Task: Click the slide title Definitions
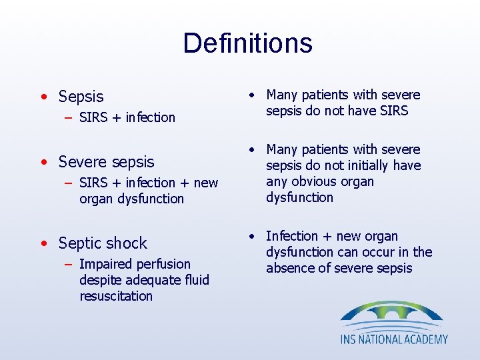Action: [x=247, y=43]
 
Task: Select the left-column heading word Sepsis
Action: [x=81, y=97]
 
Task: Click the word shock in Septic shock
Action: [x=129, y=243]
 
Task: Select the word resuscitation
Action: [x=116, y=296]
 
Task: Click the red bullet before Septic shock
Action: [x=43, y=243]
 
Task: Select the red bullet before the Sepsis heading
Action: [x=43, y=97]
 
